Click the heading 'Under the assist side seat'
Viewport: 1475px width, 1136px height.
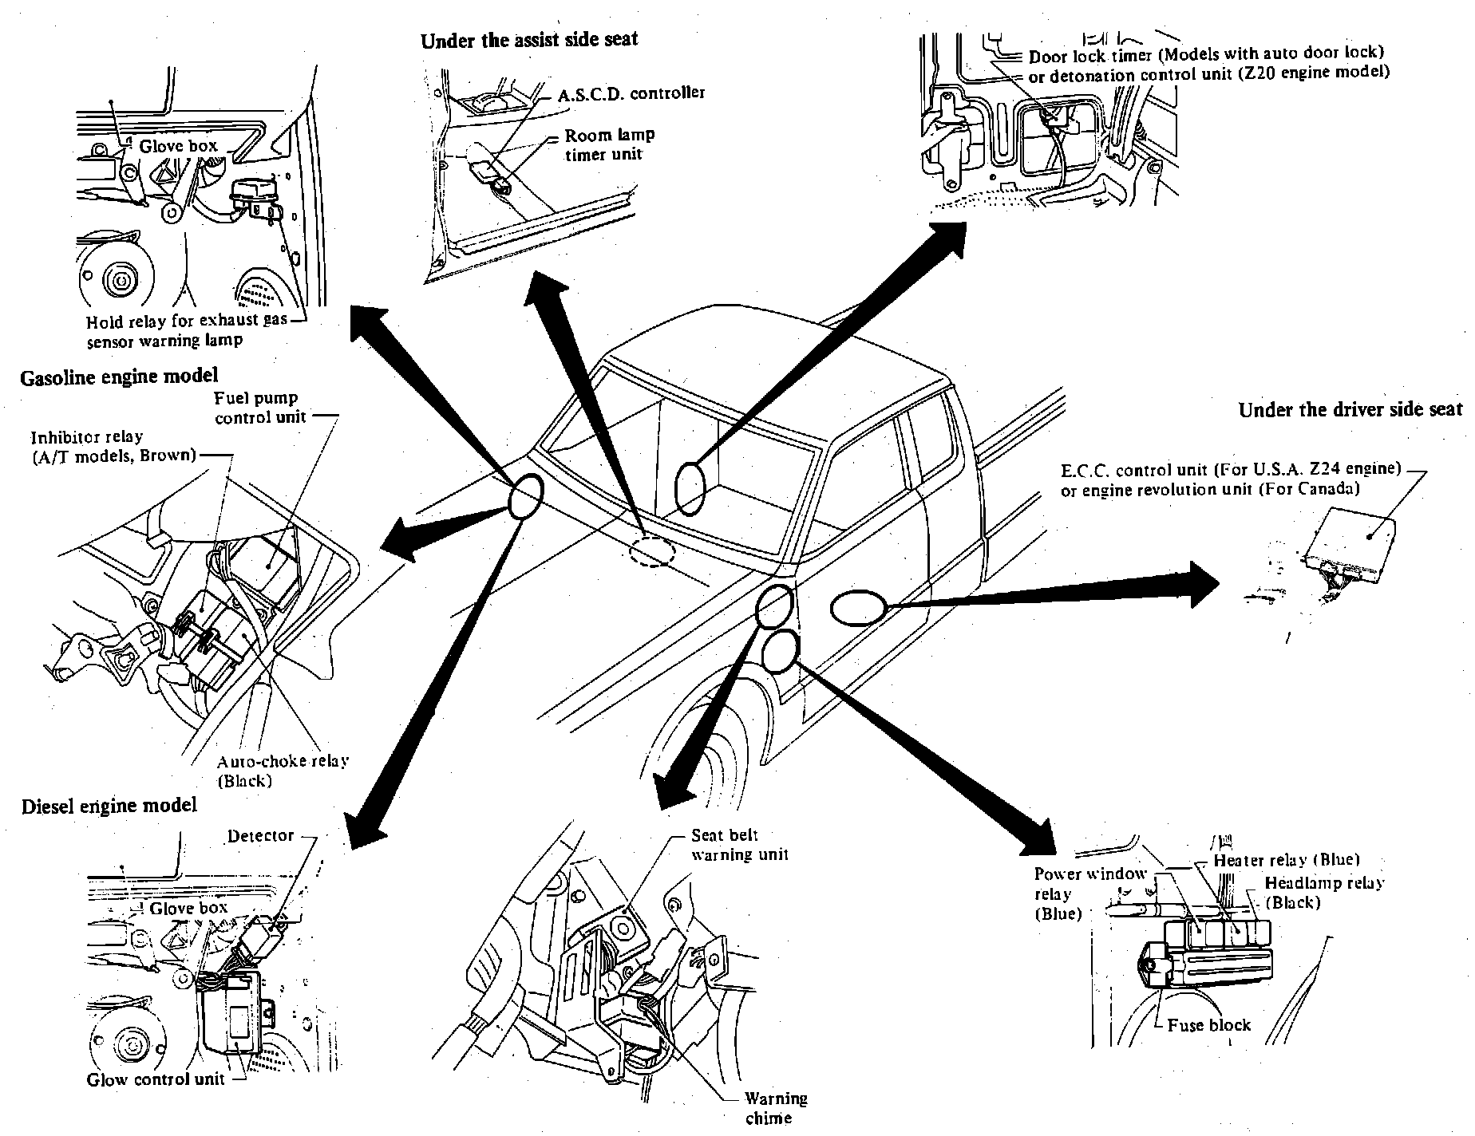(529, 39)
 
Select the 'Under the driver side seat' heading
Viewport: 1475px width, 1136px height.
(1350, 410)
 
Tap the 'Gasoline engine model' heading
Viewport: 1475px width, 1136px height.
(119, 376)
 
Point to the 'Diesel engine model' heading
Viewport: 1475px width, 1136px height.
(109, 805)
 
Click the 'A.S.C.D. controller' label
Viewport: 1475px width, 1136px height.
(631, 93)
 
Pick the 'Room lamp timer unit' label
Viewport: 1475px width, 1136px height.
(609, 144)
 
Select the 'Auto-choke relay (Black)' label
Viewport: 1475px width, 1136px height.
(283, 771)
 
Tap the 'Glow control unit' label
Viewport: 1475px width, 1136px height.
(156, 1080)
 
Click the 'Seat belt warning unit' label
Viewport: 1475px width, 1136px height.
(739, 845)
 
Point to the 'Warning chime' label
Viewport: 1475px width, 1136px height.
(776, 1108)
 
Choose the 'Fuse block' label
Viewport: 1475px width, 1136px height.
(1208, 1025)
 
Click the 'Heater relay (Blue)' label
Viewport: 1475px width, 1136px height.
(1286, 860)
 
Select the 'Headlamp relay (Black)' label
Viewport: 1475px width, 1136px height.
(1324, 892)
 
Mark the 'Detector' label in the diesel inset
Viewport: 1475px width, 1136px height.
(260, 835)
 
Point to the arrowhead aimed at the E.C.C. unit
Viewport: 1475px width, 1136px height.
(1202, 584)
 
